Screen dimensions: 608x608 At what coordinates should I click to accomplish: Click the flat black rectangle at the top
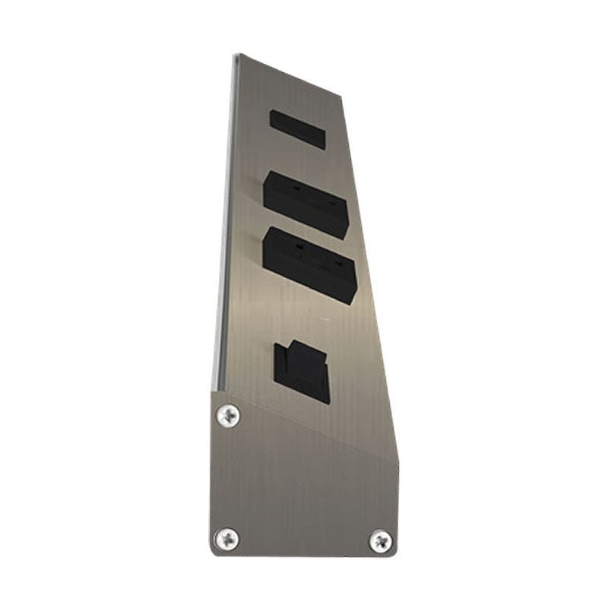(297, 129)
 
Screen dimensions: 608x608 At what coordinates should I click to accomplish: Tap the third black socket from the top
(309, 266)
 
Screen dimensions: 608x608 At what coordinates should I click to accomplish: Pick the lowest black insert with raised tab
(302, 372)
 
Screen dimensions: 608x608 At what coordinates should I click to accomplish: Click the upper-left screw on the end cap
(227, 415)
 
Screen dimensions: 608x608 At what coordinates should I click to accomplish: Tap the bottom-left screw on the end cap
(226, 538)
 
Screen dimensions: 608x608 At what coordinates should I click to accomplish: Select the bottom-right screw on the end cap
(381, 541)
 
